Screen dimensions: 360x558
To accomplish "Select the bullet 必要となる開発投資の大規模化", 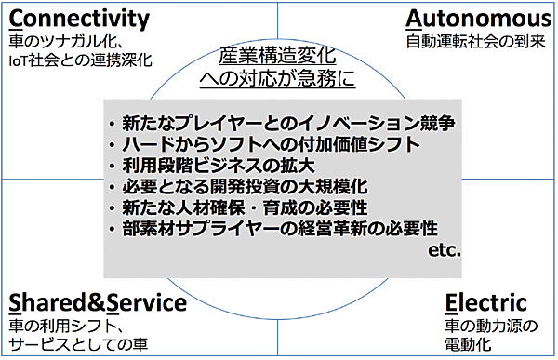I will coord(246,186).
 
